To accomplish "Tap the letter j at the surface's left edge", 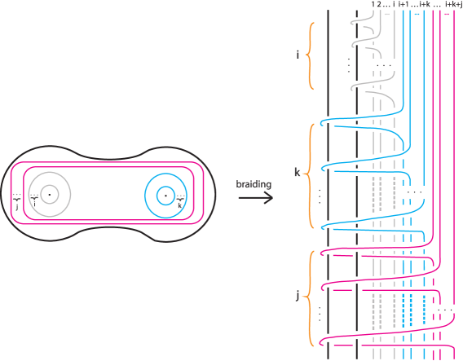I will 16,207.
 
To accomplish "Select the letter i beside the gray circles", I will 34,204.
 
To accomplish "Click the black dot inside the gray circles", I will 50,195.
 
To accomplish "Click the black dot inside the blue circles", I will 165,196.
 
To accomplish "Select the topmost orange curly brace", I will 309,55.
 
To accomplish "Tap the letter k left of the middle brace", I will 297,172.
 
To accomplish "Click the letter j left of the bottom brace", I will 297,297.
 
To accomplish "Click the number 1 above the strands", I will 373,4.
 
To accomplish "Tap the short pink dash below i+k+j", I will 448,14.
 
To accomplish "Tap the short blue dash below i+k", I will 417,14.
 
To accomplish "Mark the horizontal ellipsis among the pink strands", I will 443,310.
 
